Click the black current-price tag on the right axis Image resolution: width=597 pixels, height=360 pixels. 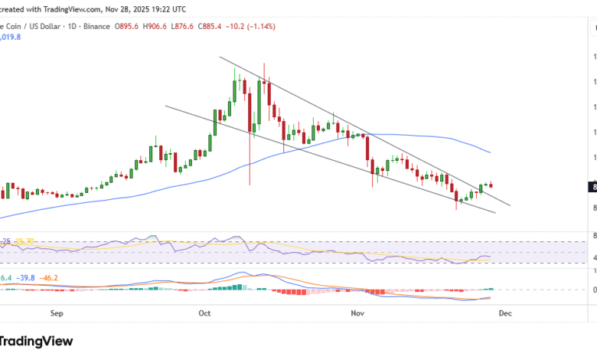click(593, 185)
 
